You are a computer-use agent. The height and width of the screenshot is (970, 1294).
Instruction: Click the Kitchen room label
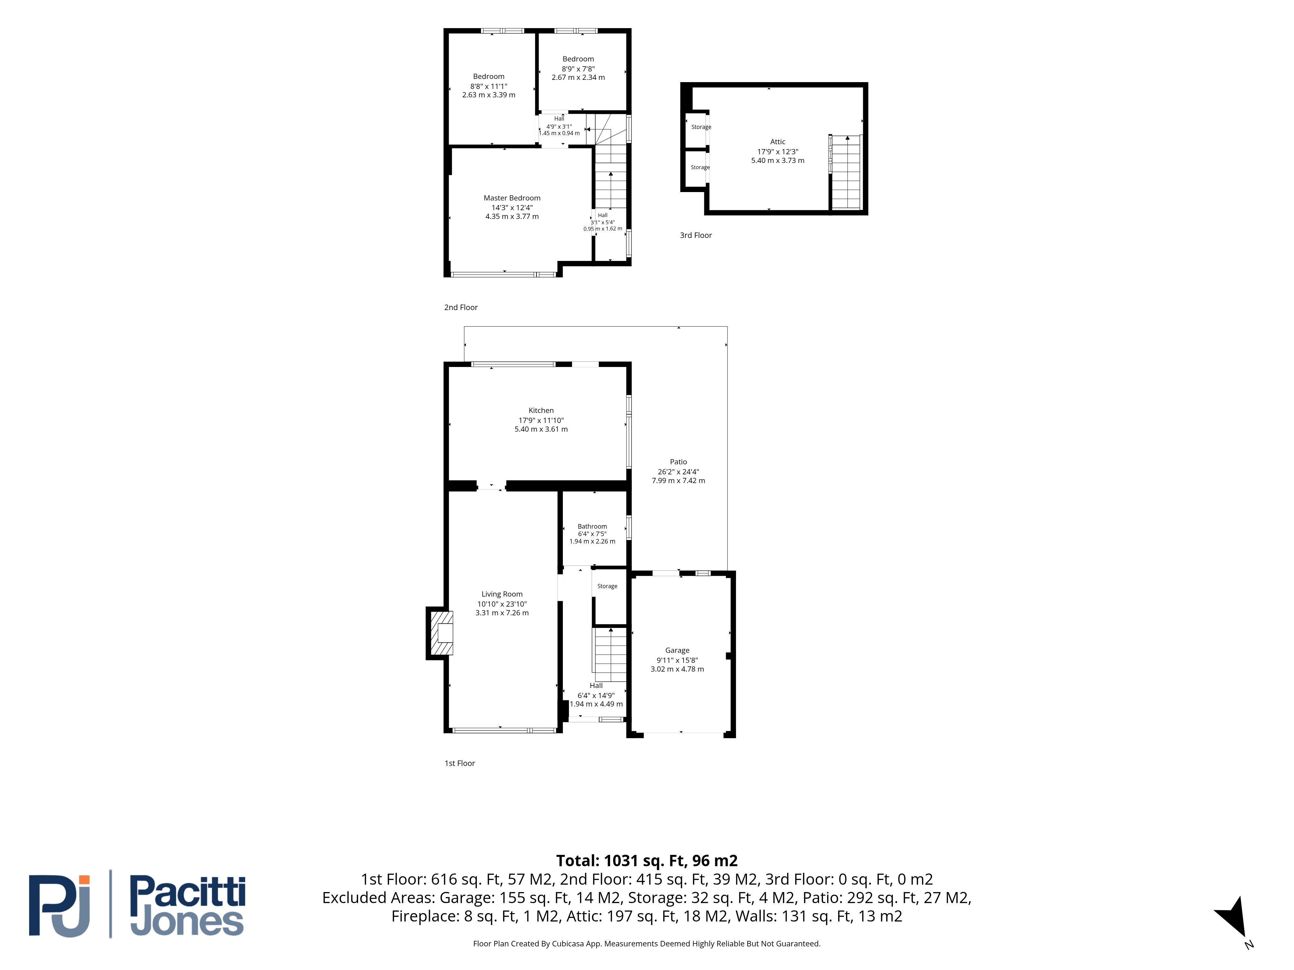541,410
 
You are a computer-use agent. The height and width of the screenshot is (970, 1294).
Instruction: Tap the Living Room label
502,594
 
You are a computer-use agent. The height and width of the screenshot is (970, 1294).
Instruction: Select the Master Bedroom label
512,198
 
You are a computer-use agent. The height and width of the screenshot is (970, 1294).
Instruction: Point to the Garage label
677,650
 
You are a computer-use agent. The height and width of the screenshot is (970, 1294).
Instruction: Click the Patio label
679,462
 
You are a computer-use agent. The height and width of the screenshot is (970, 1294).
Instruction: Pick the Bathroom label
593,526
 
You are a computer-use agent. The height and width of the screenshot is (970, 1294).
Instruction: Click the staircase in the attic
846,172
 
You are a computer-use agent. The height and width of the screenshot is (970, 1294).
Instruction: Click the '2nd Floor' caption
461,307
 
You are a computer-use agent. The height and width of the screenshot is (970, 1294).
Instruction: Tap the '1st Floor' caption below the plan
460,764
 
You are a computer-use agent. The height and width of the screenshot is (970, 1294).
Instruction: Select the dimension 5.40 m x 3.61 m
541,429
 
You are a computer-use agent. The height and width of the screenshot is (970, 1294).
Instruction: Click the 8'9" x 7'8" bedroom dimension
578,69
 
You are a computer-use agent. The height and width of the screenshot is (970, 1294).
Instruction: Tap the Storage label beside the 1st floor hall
607,587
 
